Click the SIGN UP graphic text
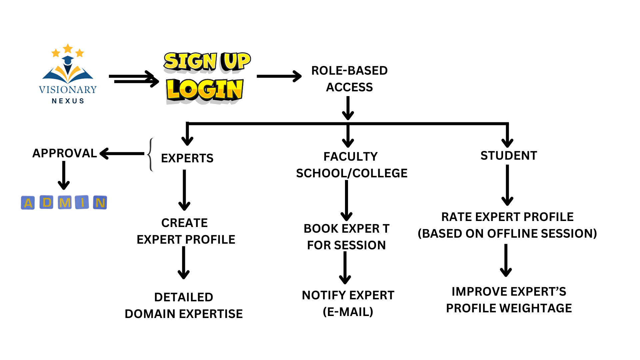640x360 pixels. tap(207, 61)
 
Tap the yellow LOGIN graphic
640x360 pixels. tap(205, 90)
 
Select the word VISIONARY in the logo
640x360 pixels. tap(68, 90)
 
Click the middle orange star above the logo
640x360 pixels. tap(68, 49)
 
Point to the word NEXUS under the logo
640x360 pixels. tap(68, 101)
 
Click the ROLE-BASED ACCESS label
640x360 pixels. tap(349, 79)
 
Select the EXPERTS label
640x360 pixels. tap(187, 158)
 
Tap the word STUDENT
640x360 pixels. tap(509, 156)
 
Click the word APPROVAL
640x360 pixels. tap(65, 153)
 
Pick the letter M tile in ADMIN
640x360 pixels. tap(65, 203)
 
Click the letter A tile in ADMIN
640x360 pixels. tap(28, 203)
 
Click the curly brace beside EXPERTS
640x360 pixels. tap(151, 155)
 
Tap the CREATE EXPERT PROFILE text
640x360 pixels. tap(186, 231)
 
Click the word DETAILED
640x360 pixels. tap(184, 297)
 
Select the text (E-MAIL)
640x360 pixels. tap(348, 312)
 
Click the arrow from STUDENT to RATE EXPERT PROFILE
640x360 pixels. tap(507, 185)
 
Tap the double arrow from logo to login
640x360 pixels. tap(134, 79)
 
